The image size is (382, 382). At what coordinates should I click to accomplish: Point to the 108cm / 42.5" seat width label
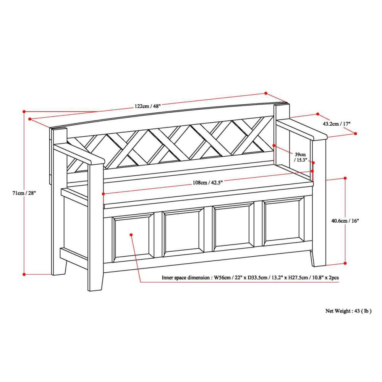click(x=208, y=183)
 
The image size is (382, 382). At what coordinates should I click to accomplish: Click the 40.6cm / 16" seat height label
click(x=345, y=220)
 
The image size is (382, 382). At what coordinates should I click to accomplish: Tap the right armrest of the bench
click(x=302, y=129)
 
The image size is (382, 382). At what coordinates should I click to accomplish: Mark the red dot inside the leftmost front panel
click(x=131, y=235)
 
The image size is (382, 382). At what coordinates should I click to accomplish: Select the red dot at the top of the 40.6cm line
click(x=345, y=178)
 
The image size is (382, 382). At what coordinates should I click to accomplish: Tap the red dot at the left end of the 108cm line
click(x=103, y=194)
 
